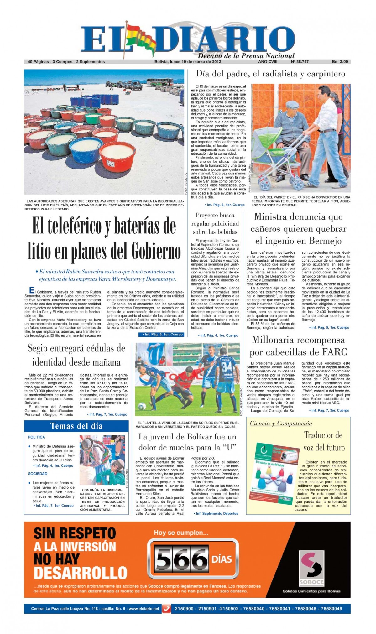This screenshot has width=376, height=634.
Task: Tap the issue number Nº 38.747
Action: point(300,62)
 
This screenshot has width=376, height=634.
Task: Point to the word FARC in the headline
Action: point(335,352)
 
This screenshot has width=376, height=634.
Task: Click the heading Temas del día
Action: point(76,426)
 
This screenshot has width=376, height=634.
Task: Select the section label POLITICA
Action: point(36,437)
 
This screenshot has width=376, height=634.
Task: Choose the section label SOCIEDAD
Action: point(38,474)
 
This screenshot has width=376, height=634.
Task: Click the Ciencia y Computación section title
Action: point(281,424)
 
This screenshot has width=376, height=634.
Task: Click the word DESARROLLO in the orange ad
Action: point(81,573)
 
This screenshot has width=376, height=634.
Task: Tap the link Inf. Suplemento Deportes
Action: point(217,513)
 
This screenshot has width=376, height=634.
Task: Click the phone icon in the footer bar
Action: point(166,609)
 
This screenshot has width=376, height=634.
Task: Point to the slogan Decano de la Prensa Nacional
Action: point(246,56)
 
